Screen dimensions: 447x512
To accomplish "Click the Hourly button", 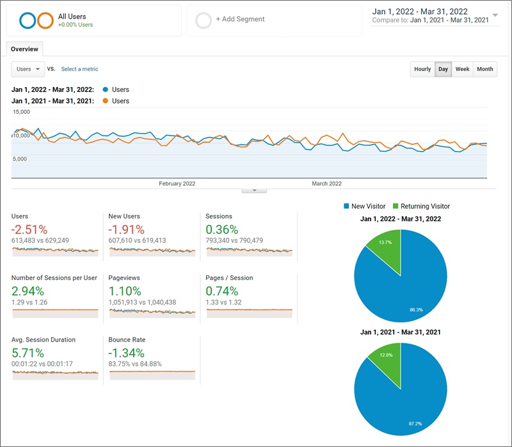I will (x=422, y=69).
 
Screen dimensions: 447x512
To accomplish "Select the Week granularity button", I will (x=462, y=69).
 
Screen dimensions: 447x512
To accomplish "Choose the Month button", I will (x=485, y=69).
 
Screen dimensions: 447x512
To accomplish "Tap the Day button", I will (x=443, y=69).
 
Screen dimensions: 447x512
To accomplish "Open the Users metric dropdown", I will (x=28, y=69).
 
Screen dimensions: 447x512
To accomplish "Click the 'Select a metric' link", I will (x=80, y=69).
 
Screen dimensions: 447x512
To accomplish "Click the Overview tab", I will (x=24, y=49).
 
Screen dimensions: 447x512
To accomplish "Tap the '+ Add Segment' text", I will (x=240, y=19).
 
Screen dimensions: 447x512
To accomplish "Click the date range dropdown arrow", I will (x=495, y=15).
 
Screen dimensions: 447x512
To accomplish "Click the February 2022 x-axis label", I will (x=177, y=184).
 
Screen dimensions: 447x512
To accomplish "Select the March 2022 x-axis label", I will (x=326, y=184).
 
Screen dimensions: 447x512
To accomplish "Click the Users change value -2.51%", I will (x=29, y=230).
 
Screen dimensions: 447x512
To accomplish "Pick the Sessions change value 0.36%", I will (x=221, y=230).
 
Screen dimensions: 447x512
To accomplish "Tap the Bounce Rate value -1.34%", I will (x=127, y=353).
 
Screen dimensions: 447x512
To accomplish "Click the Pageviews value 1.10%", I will (x=125, y=291).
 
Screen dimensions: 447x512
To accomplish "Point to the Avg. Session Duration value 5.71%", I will (x=28, y=353).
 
